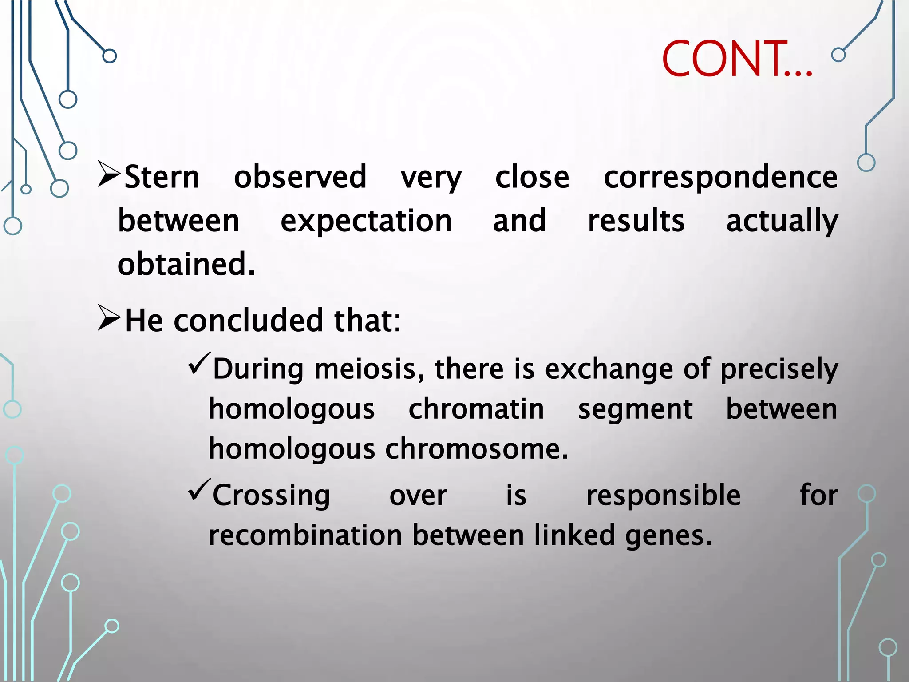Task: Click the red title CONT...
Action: pyautogui.click(x=737, y=59)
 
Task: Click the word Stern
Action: pyautogui.click(x=162, y=177)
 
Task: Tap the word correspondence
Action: pyautogui.click(x=720, y=177)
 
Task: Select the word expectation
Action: pyautogui.click(x=366, y=221)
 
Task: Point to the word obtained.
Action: pyautogui.click(x=186, y=264)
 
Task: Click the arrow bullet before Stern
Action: pyautogui.click(x=109, y=174)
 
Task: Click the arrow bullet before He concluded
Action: pyautogui.click(x=109, y=318)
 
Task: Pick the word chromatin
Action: pyautogui.click(x=476, y=409)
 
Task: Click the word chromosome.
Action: pyautogui.click(x=476, y=449)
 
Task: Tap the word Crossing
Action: pyautogui.click(x=271, y=496)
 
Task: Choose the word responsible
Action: pyautogui.click(x=663, y=496)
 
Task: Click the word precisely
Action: pyautogui.click(x=779, y=369)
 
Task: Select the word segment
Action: pyautogui.click(x=635, y=409)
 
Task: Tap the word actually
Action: pyautogui.click(x=782, y=221)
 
